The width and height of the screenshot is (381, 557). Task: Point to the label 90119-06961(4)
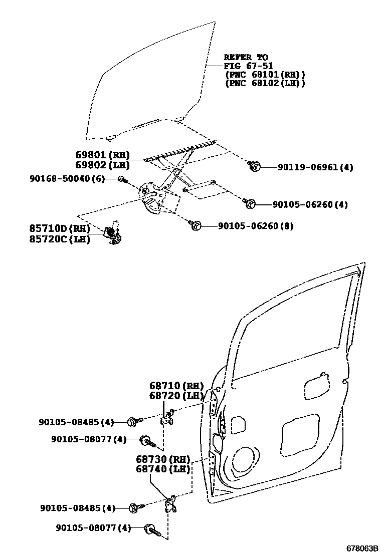click(x=315, y=167)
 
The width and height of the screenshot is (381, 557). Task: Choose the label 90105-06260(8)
click(x=256, y=226)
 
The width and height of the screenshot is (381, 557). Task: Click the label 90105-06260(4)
click(x=310, y=204)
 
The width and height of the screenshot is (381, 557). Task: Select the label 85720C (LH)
click(x=59, y=239)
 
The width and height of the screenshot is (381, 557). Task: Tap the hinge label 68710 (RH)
click(x=176, y=386)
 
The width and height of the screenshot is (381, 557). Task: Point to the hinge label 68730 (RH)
click(x=163, y=459)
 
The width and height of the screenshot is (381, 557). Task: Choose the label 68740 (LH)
click(x=163, y=469)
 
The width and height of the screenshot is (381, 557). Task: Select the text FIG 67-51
click(x=248, y=66)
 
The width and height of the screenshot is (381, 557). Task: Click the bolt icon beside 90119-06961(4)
click(x=254, y=166)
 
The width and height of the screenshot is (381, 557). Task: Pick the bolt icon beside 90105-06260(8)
click(x=196, y=226)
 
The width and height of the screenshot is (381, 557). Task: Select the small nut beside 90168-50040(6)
click(x=121, y=179)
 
